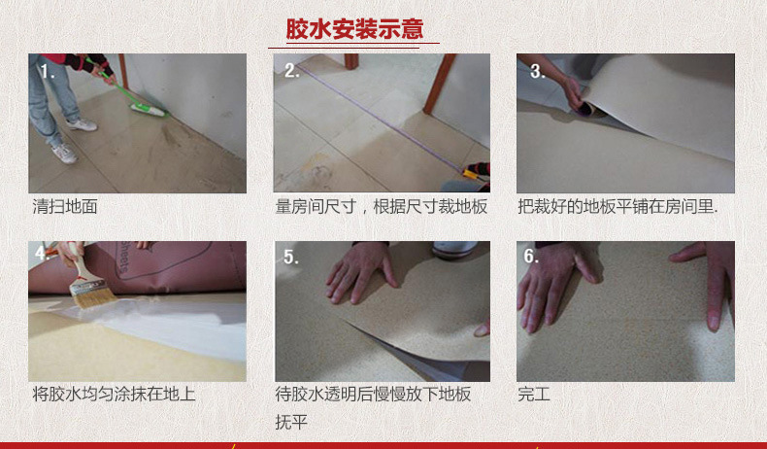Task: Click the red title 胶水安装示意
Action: click(x=354, y=29)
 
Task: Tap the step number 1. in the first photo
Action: click(x=48, y=72)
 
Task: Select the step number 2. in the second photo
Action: click(x=291, y=71)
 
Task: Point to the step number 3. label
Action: click(x=537, y=72)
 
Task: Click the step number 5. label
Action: click(x=291, y=258)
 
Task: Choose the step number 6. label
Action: click(x=531, y=256)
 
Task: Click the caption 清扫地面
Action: click(x=65, y=206)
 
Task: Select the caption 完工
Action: click(x=534, y=394)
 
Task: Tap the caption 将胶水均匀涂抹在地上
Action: click(x=114, y=394)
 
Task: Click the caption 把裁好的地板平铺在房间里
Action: click(x=617, y=206)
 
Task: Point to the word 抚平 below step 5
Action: click(x=291, y=422)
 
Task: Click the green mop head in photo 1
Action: click(x=150, y=110)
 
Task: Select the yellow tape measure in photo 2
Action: click(x=474, y=173)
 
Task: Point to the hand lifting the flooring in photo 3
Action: click(x=574, y=95)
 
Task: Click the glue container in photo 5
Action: click(x=454, y=250)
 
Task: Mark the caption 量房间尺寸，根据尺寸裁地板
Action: click(x=382, y=206)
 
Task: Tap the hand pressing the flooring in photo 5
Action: click(x=361, y=272)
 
